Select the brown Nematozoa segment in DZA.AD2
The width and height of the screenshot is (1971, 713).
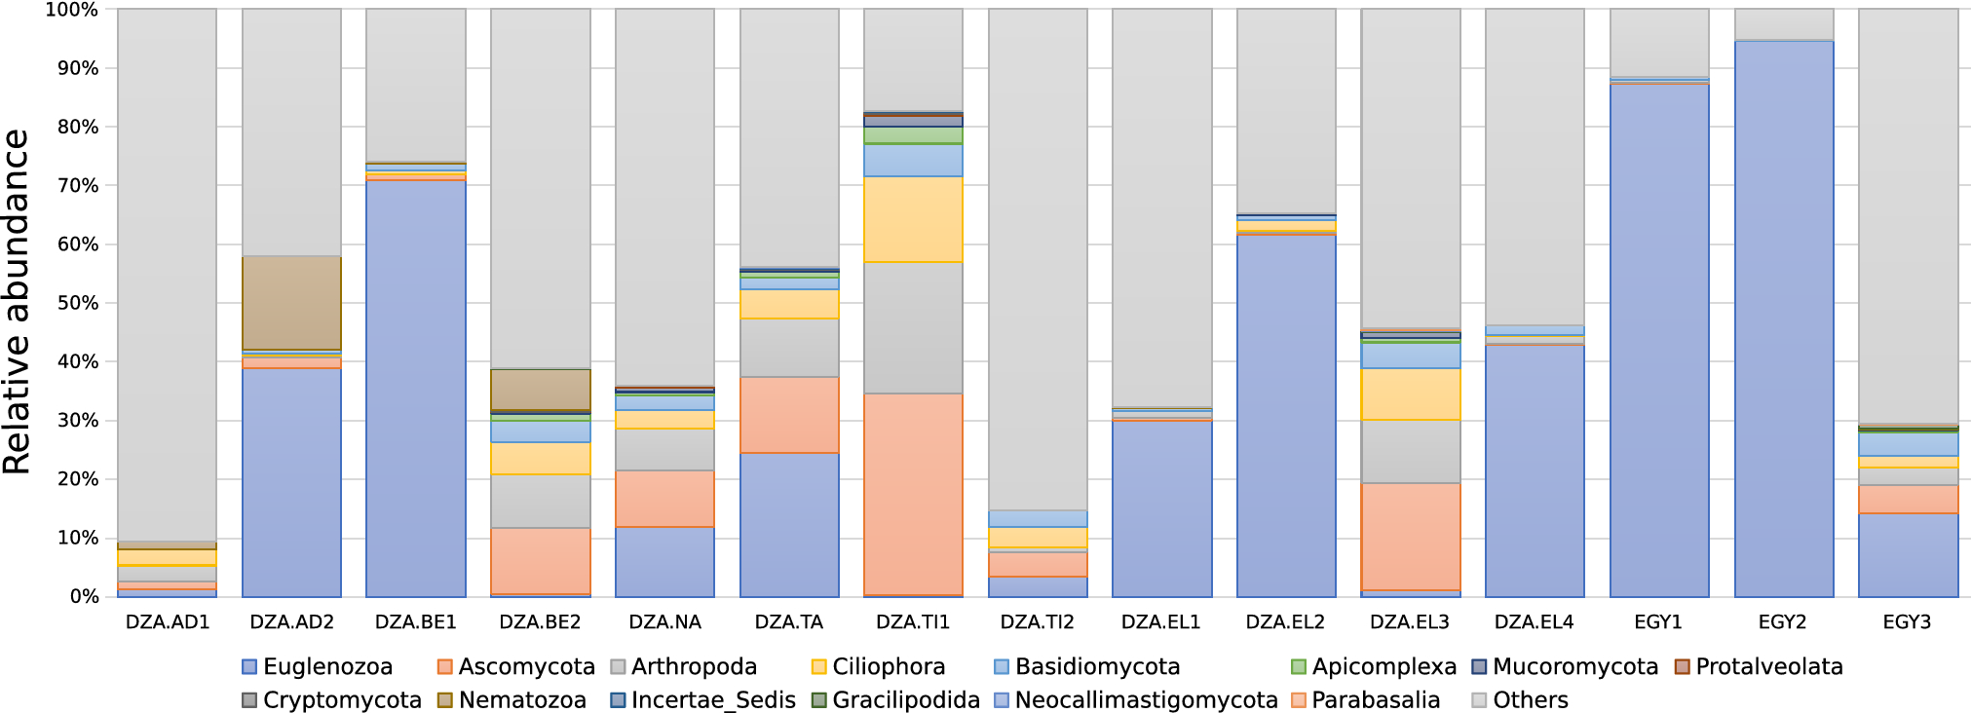point(291,303)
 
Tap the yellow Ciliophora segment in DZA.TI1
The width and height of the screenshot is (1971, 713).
point(913,219)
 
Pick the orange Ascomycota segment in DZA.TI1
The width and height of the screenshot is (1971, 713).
point(913,494)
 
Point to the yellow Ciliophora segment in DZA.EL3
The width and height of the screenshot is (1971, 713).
point(1410,394)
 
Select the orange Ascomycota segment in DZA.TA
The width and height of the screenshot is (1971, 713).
point(789,415)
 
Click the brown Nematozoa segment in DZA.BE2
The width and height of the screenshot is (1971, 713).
point(540,390)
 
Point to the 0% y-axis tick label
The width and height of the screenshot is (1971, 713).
point(77,596)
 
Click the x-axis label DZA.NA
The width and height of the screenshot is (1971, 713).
point(664,622)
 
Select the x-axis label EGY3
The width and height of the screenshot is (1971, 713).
point(1907,622)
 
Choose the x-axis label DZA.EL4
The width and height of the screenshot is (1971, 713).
point(1534,622)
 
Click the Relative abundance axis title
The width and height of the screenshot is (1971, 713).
point(18,302)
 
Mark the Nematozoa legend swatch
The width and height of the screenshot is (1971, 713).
point(445,700)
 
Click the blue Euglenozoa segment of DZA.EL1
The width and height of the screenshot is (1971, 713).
point(1161,507)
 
